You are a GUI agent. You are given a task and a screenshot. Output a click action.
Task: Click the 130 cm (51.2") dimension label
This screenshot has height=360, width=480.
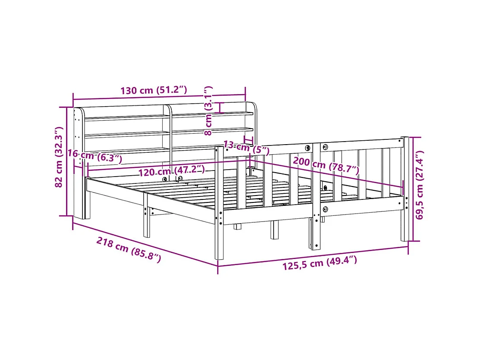154,90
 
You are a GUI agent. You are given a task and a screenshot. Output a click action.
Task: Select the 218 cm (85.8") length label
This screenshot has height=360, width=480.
128,250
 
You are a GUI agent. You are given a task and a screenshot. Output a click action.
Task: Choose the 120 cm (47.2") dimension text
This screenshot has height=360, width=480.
171,171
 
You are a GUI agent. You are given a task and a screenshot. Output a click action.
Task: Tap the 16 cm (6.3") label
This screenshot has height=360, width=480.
95,156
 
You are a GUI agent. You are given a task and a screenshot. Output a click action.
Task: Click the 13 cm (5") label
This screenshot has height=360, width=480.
246,148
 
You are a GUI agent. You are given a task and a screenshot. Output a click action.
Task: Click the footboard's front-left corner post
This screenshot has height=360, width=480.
219,203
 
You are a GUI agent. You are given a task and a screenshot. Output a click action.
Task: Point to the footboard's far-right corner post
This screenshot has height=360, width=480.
404,190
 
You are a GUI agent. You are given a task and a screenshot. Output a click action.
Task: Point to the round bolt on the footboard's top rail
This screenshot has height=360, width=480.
307,148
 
